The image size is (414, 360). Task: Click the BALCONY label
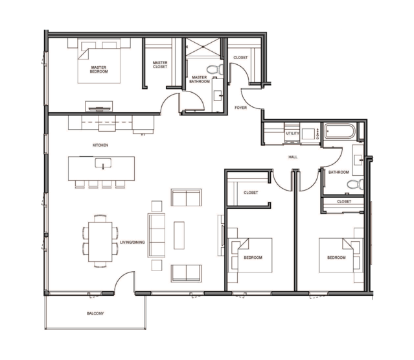click(x=95, y=313)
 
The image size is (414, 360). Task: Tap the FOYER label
click(x=240, y=108)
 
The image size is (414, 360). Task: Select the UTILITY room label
click(x=292, y=134)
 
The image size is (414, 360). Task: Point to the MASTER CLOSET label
click(x=160, y=65)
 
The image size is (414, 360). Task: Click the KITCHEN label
click(x=100, y=145)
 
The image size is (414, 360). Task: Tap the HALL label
click(x=293, y=157)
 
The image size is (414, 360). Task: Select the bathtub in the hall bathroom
click(x=340, y=132)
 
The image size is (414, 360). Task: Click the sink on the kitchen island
click(x=103, y=163)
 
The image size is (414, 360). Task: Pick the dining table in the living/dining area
click(x=100, y=242)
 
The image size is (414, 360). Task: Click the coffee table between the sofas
click(x=179, y=235)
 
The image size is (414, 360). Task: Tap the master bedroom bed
click(x=99, y=61)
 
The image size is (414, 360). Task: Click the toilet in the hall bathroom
click(x=356, y=184)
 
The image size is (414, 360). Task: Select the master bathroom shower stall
click(x=203, y=47)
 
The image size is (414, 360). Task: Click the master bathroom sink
click(x=218, y=95)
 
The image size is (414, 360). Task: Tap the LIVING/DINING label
click(x=132, y=242)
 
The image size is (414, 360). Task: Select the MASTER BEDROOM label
click(x=98, y=69)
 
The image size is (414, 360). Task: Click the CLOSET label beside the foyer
click(x=240, y=57)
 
